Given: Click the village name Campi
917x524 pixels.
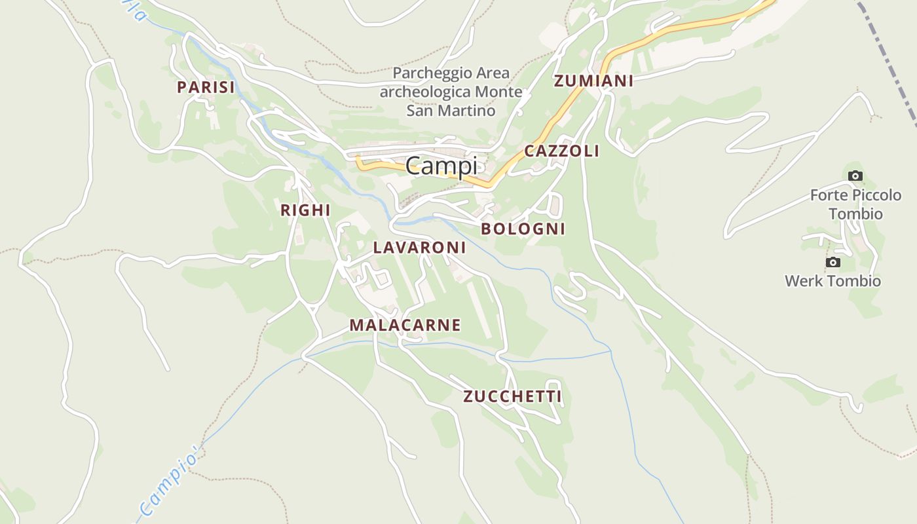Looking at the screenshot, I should [441, 166].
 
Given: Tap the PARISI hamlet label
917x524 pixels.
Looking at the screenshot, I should [206, 87].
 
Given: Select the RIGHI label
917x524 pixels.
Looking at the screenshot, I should [305, 210].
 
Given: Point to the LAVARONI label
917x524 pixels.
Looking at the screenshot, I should [419, 248].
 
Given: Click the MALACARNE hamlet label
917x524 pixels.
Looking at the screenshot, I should [405, 325].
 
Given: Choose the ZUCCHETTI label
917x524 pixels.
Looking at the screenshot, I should [512, 396].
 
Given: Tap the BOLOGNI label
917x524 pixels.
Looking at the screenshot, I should [523, 229].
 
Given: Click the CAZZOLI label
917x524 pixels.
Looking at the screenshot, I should [561, 151].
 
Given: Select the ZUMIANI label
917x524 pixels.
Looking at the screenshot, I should [593, 81].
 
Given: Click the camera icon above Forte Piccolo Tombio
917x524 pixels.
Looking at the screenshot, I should [855, 176].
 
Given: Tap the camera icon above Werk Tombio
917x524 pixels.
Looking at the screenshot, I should [833, 263].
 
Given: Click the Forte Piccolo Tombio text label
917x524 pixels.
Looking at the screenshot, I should [855, 204].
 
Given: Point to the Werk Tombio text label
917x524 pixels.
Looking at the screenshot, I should [833, 281].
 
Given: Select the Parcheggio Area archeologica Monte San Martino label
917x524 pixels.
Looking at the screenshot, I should [451, 92].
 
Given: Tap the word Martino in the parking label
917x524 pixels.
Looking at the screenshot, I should [466, 110].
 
